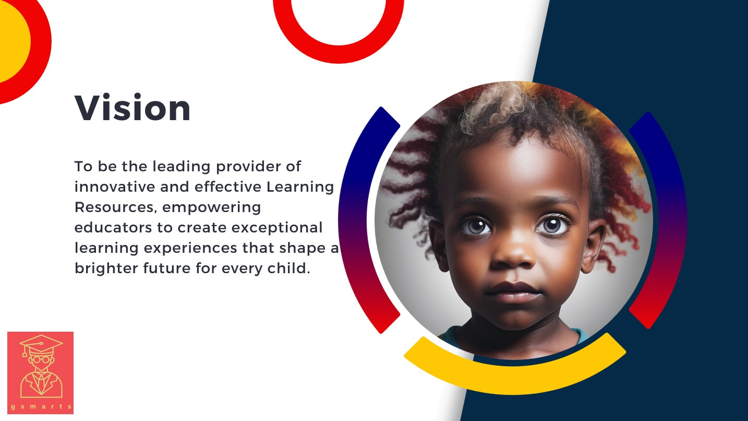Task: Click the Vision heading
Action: click(x=132, y=108)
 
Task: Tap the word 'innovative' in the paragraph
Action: click(x=115, y=186)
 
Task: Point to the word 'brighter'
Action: click(x=106, y=268)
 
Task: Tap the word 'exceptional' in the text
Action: click(x=277, y=228)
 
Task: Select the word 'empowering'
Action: click(x=211, y=208)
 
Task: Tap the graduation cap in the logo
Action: click(x=41, y=344)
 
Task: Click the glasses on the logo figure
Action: click(x=41, y=360)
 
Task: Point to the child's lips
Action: click(x=514, y=293)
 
